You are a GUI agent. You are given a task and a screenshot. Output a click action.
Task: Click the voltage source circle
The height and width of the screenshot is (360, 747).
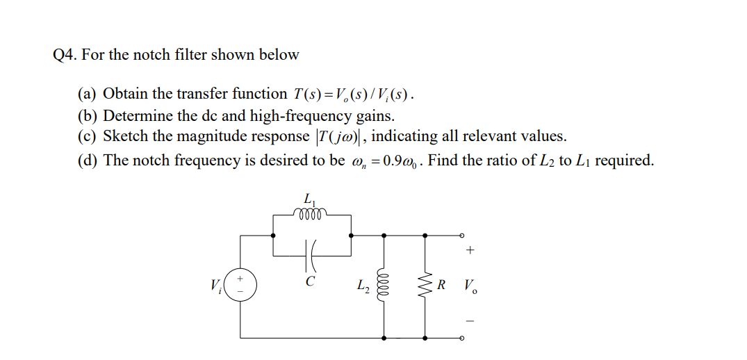pos(240,286)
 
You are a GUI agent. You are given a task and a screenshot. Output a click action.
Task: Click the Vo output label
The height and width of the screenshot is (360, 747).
pos(470,286)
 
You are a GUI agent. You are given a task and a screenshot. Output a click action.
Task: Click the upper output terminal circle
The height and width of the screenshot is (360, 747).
pos(461,236)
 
